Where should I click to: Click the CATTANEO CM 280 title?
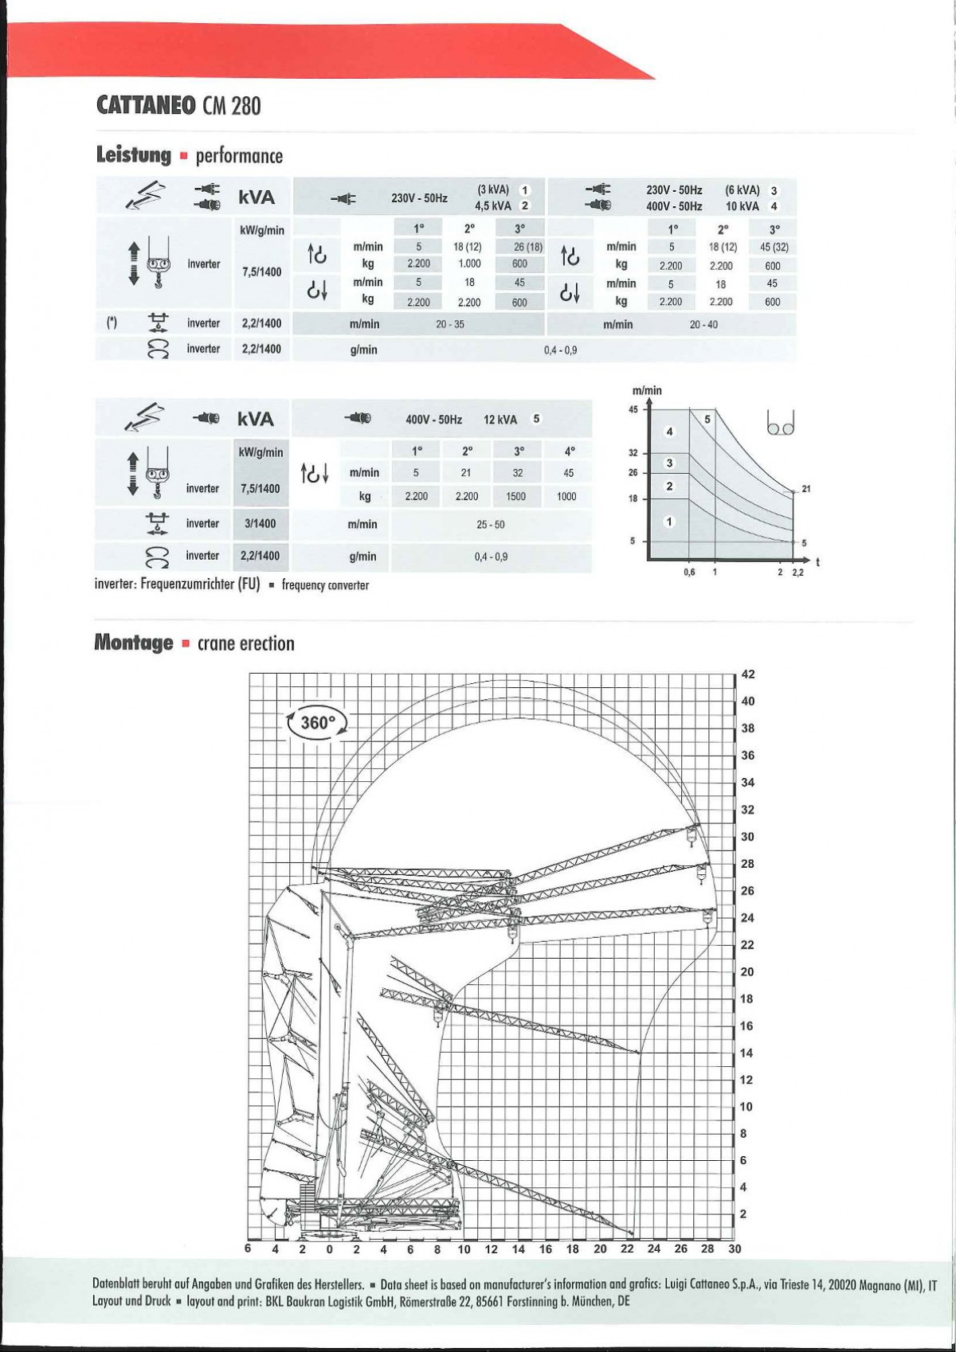(178, 106)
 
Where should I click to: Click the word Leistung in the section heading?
(133, 154)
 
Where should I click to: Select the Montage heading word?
(133, 643)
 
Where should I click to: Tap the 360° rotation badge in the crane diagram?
(317, 723)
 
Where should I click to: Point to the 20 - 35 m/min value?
(450, 324)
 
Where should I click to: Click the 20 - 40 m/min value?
(703, 324)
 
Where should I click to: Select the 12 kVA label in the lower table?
(500, 420)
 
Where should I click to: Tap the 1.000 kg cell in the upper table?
(469, 264)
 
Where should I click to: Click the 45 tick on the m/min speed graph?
(633, 409)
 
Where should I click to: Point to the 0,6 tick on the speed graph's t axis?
(689, 572)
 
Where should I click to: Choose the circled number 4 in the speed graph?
(669, 432)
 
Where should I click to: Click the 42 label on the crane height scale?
(748, 674)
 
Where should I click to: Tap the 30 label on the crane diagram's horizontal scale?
(735, 1248)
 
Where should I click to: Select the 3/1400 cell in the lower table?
(260, 523)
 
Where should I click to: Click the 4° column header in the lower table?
(570, 451)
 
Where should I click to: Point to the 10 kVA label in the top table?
(742, 206)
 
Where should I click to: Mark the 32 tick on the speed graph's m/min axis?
(633, 453)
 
